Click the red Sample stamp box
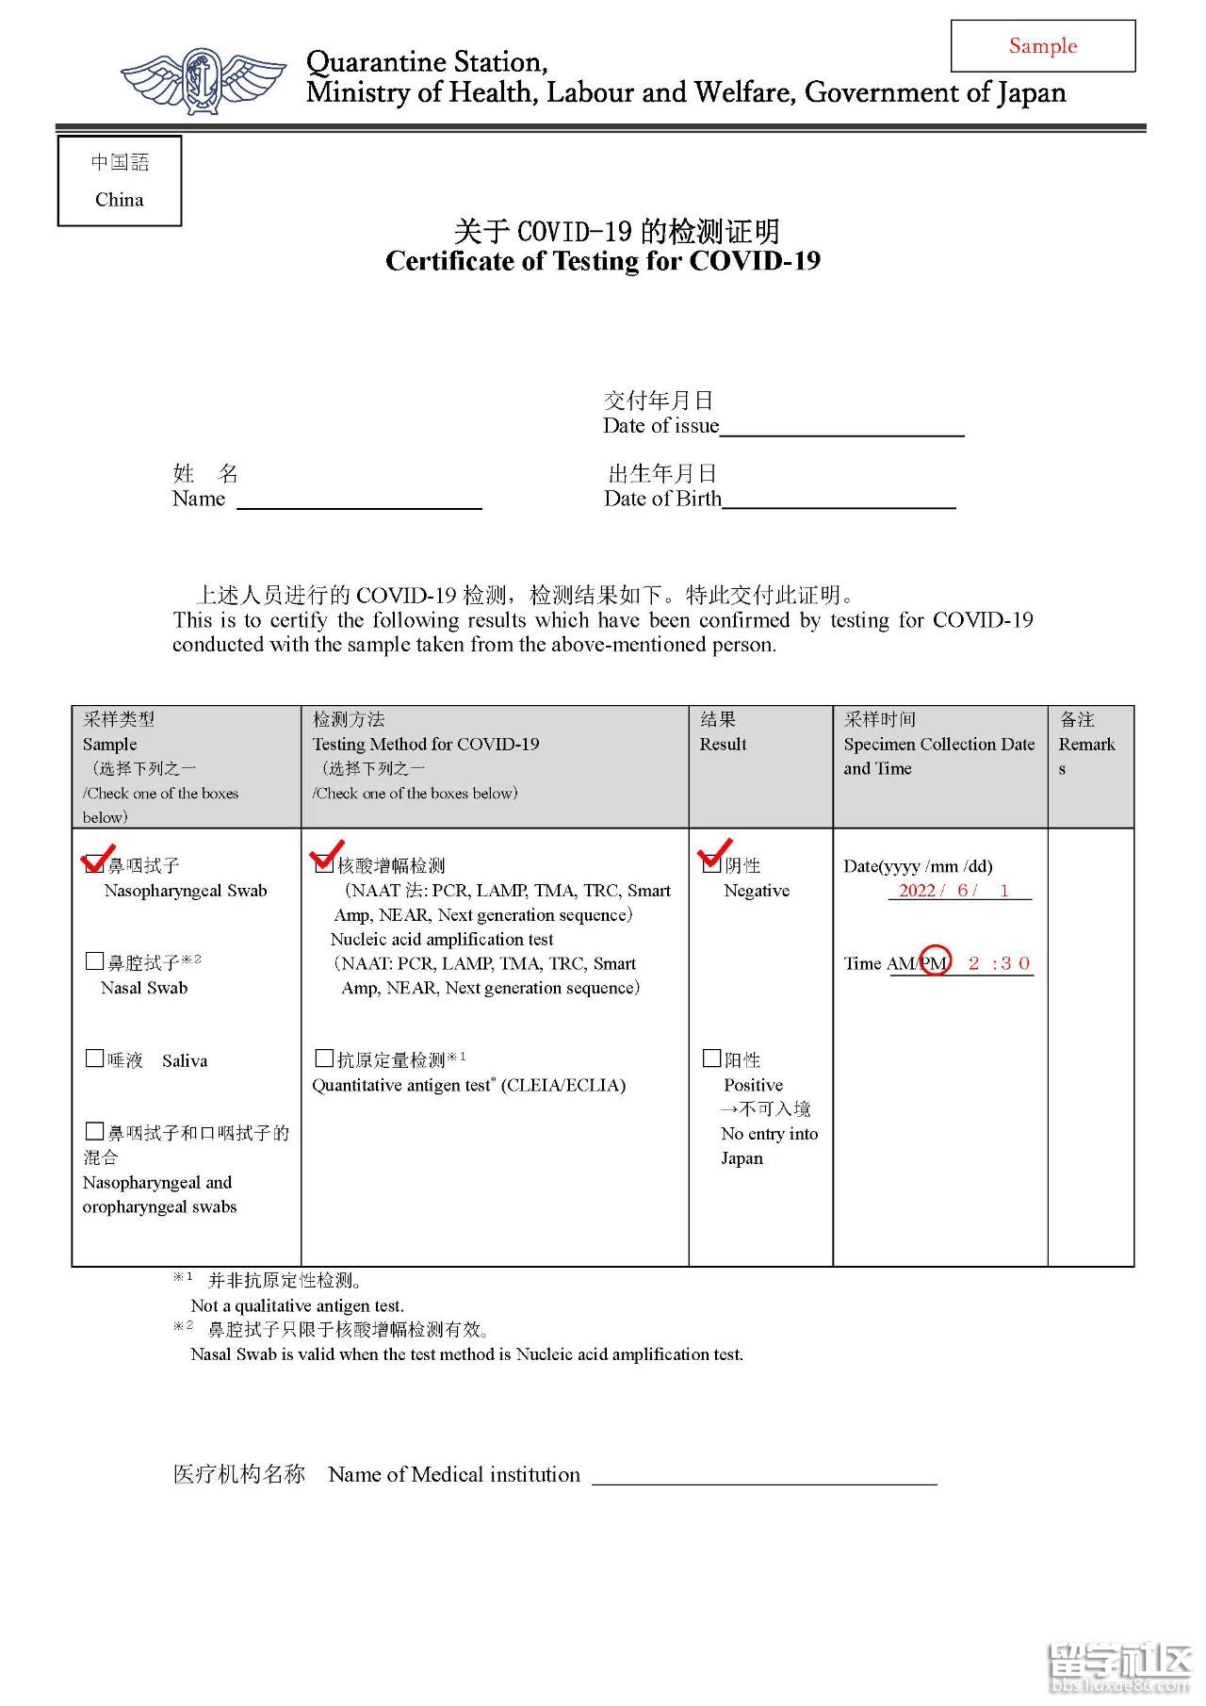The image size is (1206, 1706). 1042,46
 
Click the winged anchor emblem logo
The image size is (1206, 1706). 203,80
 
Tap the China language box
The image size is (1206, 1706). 120,181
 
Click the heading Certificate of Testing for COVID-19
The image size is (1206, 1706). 603,261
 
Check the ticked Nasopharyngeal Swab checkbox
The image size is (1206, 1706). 94,863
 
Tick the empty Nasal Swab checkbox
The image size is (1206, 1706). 94,961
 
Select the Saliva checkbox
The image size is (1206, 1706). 94,1058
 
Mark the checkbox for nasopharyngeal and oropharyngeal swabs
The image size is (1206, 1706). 94,1131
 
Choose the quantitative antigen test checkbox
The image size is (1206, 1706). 324,1058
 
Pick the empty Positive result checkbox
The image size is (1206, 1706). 712,1058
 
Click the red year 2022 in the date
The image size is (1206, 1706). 917,891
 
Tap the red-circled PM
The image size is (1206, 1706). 934,962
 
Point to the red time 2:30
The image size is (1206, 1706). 999,963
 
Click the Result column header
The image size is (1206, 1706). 723,744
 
